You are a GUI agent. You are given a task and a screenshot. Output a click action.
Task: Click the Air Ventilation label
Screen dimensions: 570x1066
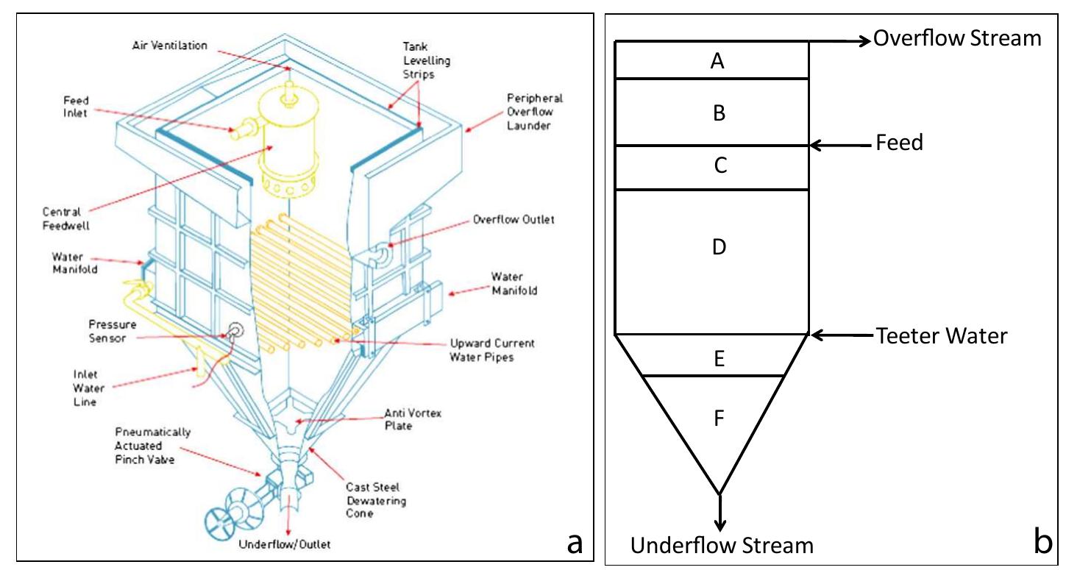click(170, 46)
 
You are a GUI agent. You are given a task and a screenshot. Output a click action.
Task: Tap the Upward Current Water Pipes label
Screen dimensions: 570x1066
click(494, 350)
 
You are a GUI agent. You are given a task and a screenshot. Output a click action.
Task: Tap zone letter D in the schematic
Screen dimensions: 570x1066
click(719, 246)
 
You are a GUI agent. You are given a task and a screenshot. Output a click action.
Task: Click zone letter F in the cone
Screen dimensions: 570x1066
click(719, 418)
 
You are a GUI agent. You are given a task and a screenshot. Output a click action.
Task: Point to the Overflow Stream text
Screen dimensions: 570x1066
click(957, 38)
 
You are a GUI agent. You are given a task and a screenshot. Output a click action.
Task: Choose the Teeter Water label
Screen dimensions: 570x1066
click(941, 336)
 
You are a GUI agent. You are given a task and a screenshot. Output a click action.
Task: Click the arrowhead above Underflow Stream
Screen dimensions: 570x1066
click(720, 524)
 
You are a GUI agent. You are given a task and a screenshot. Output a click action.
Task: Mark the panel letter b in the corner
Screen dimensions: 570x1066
click(1042, 541)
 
